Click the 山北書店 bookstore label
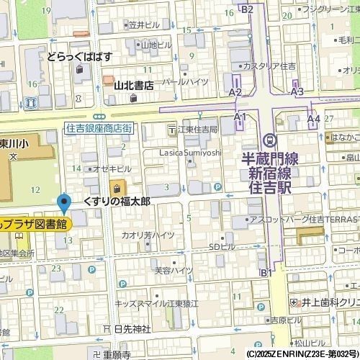pos(134,85)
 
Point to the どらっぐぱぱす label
pos(79,55)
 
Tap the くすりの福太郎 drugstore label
pos(117,201)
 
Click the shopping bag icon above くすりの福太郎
pos(114,186)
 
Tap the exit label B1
pos(266,272)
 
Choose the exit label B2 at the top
pos(247,9)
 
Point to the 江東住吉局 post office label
pos(197,130)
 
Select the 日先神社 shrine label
pos(132,329)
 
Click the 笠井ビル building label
pos(144,24)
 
